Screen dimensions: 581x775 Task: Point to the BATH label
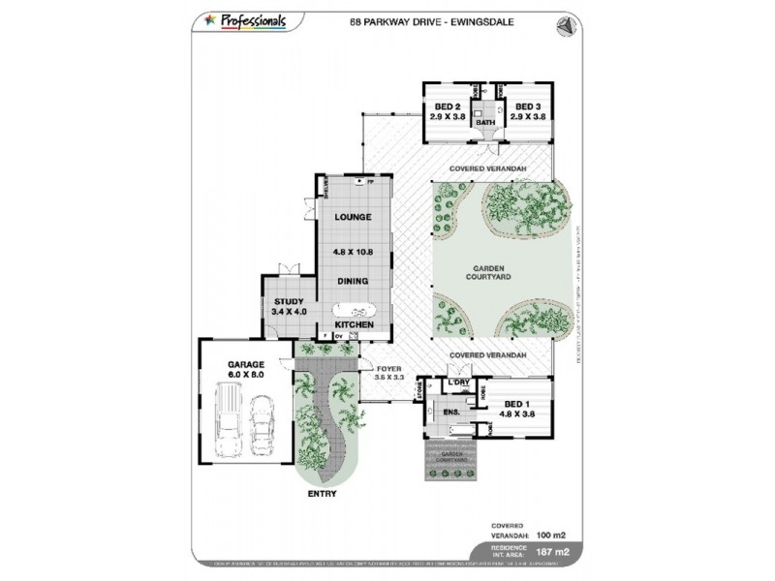coord(486,123)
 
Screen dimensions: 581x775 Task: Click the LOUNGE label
coord(353,217)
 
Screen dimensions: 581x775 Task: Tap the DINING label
coord(353,281)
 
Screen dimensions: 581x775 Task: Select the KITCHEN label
coord(354,324)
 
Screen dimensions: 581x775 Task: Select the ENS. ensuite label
coord(451,413)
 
